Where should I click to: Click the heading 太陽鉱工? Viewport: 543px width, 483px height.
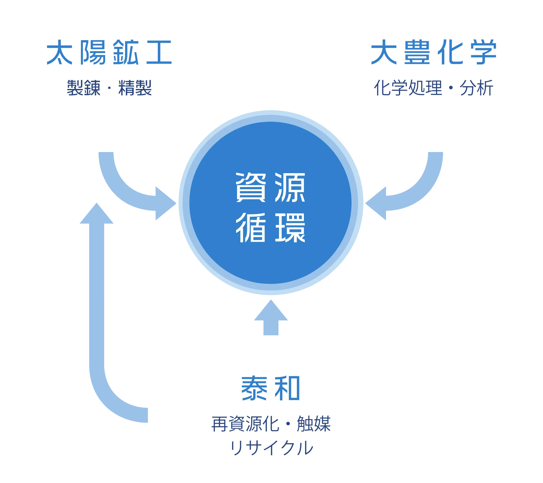coord(109,52)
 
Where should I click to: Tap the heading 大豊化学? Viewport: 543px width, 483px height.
coord(433,52)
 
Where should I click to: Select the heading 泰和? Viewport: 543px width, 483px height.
coord(271,388)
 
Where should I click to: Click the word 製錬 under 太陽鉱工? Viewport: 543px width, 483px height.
coord(84,88)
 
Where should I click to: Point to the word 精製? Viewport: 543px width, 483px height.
coord(135,88)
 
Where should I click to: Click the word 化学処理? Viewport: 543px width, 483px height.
coord(408,88)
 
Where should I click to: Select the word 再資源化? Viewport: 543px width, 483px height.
coord(245,424)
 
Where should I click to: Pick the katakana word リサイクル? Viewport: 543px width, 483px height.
coord(271,448)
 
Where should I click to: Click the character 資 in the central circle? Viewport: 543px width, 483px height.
coord(250,187)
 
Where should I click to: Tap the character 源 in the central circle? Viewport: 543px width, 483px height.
coord(290,187)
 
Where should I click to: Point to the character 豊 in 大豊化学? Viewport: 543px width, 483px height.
coord(417,52)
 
